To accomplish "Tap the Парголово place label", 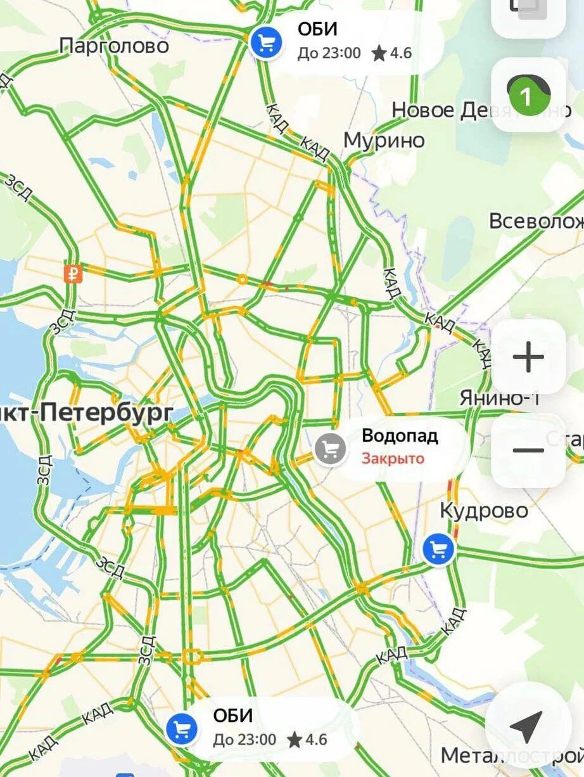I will tap(114, 46).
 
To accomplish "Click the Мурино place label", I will tap(384, 140).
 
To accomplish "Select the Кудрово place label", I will tap(484, 510).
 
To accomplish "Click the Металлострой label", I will tap(512, 755).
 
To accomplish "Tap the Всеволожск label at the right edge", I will tap(536, 221).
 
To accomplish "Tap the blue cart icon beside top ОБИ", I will tap(265, 43).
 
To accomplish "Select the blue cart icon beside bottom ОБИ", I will tap(181, 729).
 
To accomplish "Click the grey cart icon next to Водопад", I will tap(330, 449).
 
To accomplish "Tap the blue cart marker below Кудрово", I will tap(438, 549).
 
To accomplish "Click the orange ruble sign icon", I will tap(73, 274).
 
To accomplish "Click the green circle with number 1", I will tap(524, 96).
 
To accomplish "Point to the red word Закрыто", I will tap(393, 458).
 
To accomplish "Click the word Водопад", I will tap(400, 436).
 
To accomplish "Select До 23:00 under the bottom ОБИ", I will tap(244, 740).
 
